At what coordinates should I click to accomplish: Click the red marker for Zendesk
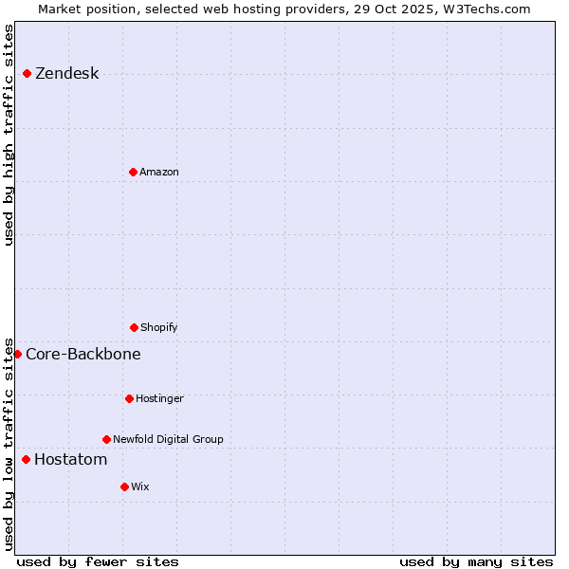(x=27, y=73)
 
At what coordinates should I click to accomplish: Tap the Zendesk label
(x=66, y=74)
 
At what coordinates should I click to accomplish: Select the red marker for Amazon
(x=133, y=172)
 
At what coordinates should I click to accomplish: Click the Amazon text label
(x=159, y=172)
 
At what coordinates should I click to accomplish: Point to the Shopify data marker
(x=134, y=327)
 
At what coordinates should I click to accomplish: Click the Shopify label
(x=159, y=327)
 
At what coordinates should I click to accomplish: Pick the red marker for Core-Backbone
(x=17, y=354)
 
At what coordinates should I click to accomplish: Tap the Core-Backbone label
(x=83, y=354)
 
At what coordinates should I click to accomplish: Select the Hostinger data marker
(x=129, y=398)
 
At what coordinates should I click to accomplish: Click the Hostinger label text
(x=159, y=398)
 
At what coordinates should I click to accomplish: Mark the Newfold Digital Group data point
(x=106, y=439)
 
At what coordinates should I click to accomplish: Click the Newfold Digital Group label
(x=168, y=439)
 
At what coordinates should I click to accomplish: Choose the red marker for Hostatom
(x=26, y=459)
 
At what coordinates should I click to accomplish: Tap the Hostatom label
(x=70, y=460)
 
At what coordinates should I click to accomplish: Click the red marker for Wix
(x=124, y=486)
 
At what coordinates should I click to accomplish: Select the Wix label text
(x=140, y=486)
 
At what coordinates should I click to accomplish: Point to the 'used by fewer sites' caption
(x=98, y=561)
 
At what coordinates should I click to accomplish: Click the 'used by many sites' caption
(x=476, y=561)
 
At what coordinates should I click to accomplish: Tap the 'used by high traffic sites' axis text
(x=9, y=135)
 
